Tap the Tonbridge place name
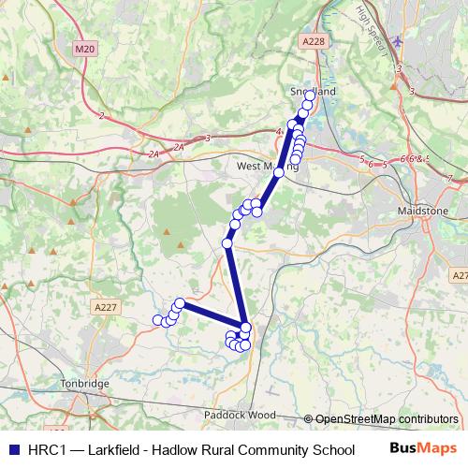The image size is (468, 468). coord(84,385)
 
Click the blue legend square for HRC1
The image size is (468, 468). coord(13,448)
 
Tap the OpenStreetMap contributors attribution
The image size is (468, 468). coord(386,419)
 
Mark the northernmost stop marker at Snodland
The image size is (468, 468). coord(310,95)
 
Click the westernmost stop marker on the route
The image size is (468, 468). coord(157,320)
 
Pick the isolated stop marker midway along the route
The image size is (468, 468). coord(227,243)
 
